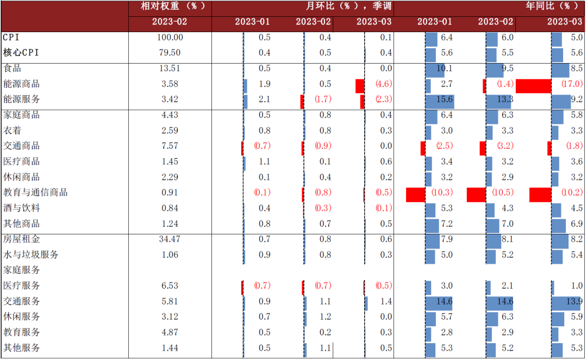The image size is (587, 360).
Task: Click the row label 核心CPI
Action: pos(21,53)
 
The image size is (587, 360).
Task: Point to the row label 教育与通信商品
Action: pos(35,193)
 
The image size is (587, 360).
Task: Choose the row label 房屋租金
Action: pos(22,239)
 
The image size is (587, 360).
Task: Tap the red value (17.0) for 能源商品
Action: pos(570,84)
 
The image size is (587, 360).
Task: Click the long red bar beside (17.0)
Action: pos(533,85)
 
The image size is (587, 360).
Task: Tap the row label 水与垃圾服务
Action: pos(31,255)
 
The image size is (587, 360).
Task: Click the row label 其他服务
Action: pos(22,347)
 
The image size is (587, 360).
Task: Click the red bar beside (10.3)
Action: pos(416,194)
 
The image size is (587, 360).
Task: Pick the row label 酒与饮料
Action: pos(22,208)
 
